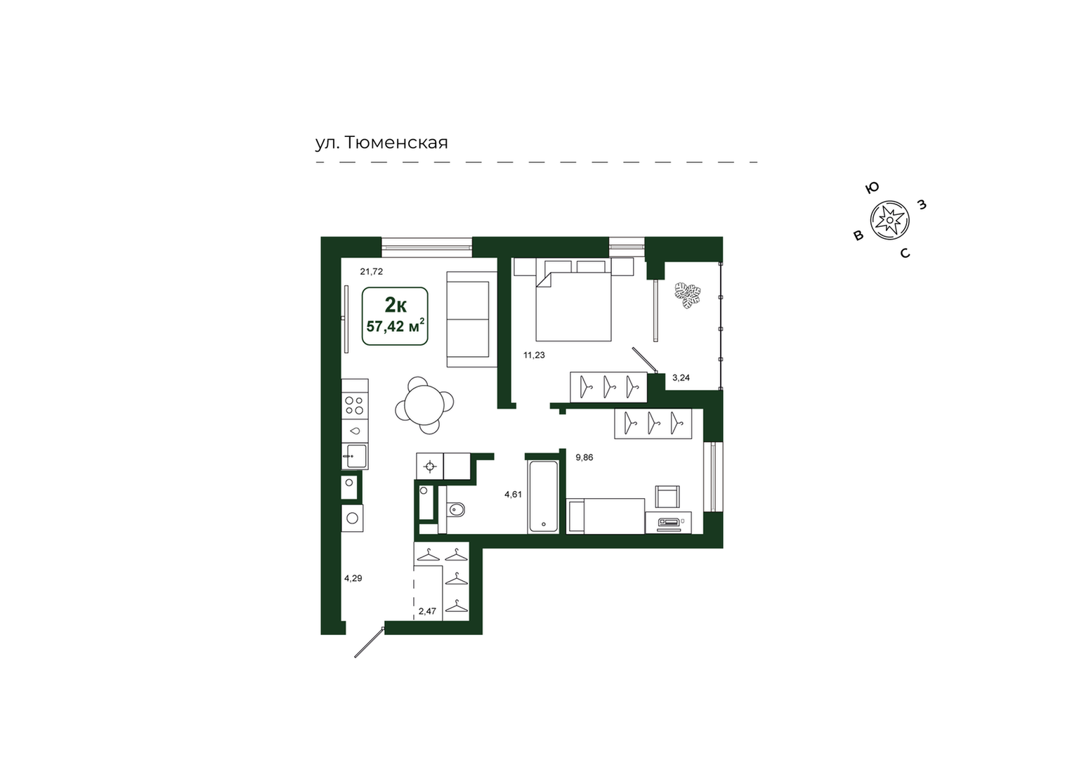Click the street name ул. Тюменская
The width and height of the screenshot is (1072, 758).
point(381,143)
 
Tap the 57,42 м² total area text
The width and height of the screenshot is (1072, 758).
point(396,327)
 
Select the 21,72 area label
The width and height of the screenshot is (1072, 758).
point(372,272)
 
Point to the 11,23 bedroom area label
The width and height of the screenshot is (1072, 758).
point(534,355)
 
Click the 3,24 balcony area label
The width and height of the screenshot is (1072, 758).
point(681,377)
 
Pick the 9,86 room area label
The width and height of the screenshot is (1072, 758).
point(584,457)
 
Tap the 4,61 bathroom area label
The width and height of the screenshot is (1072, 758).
point(513,495)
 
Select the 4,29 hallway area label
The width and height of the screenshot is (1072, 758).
point(353,578)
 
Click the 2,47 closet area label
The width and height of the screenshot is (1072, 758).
point(427,611)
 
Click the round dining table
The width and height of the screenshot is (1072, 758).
point(424,405)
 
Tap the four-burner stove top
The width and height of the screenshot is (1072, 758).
point(355,405)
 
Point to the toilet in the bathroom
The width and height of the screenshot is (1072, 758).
point(455,510)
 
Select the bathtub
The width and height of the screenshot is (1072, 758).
point(543,496)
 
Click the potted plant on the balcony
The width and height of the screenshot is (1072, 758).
point(687,296)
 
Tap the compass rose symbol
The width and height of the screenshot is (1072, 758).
point(889,220)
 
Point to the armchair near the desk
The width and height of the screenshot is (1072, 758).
point(667,496)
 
